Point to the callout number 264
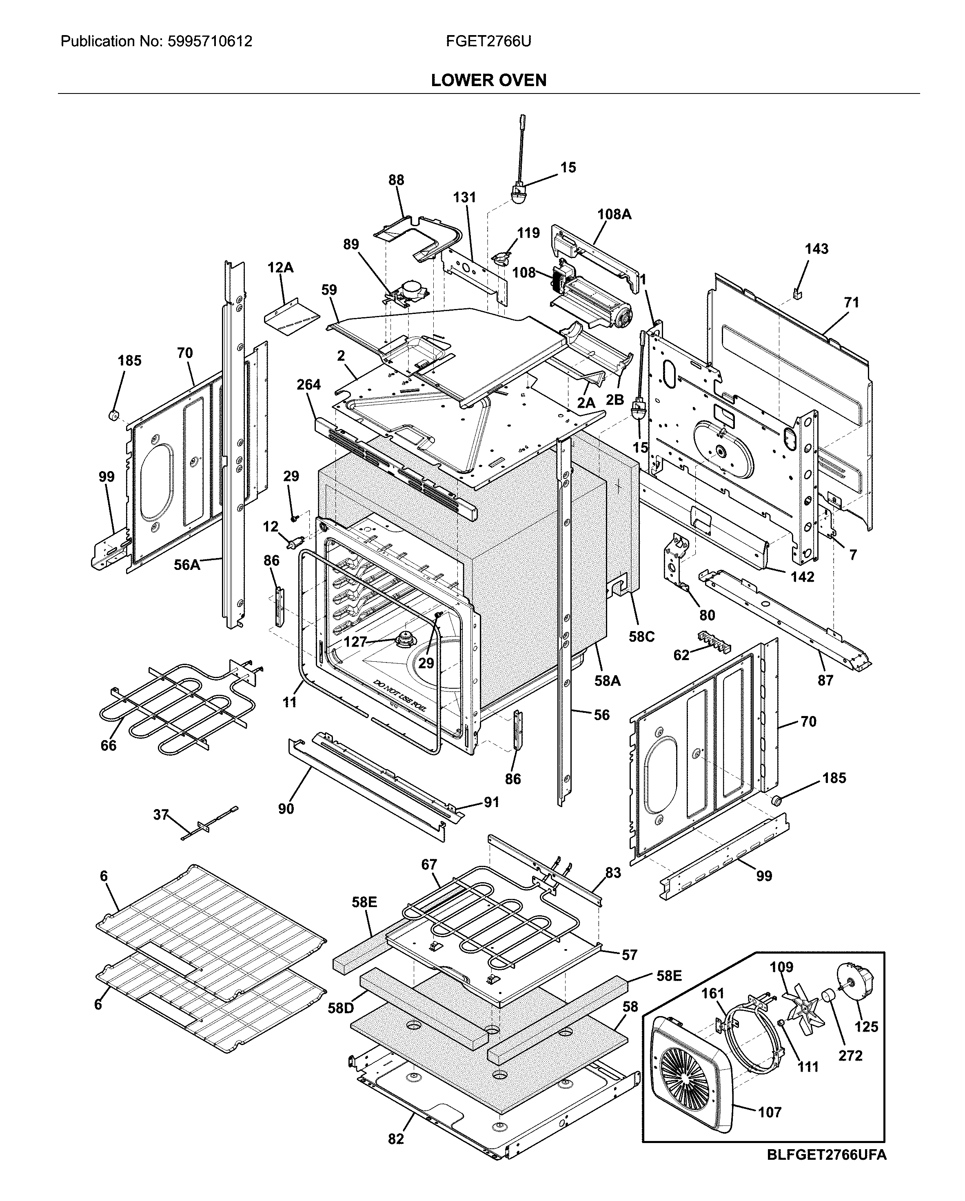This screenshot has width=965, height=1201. point(308,385)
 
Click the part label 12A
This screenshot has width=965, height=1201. point(280,268)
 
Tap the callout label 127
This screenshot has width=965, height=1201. point(355,642)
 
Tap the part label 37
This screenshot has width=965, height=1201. point(161,814)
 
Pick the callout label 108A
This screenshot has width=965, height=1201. point(614,214)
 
